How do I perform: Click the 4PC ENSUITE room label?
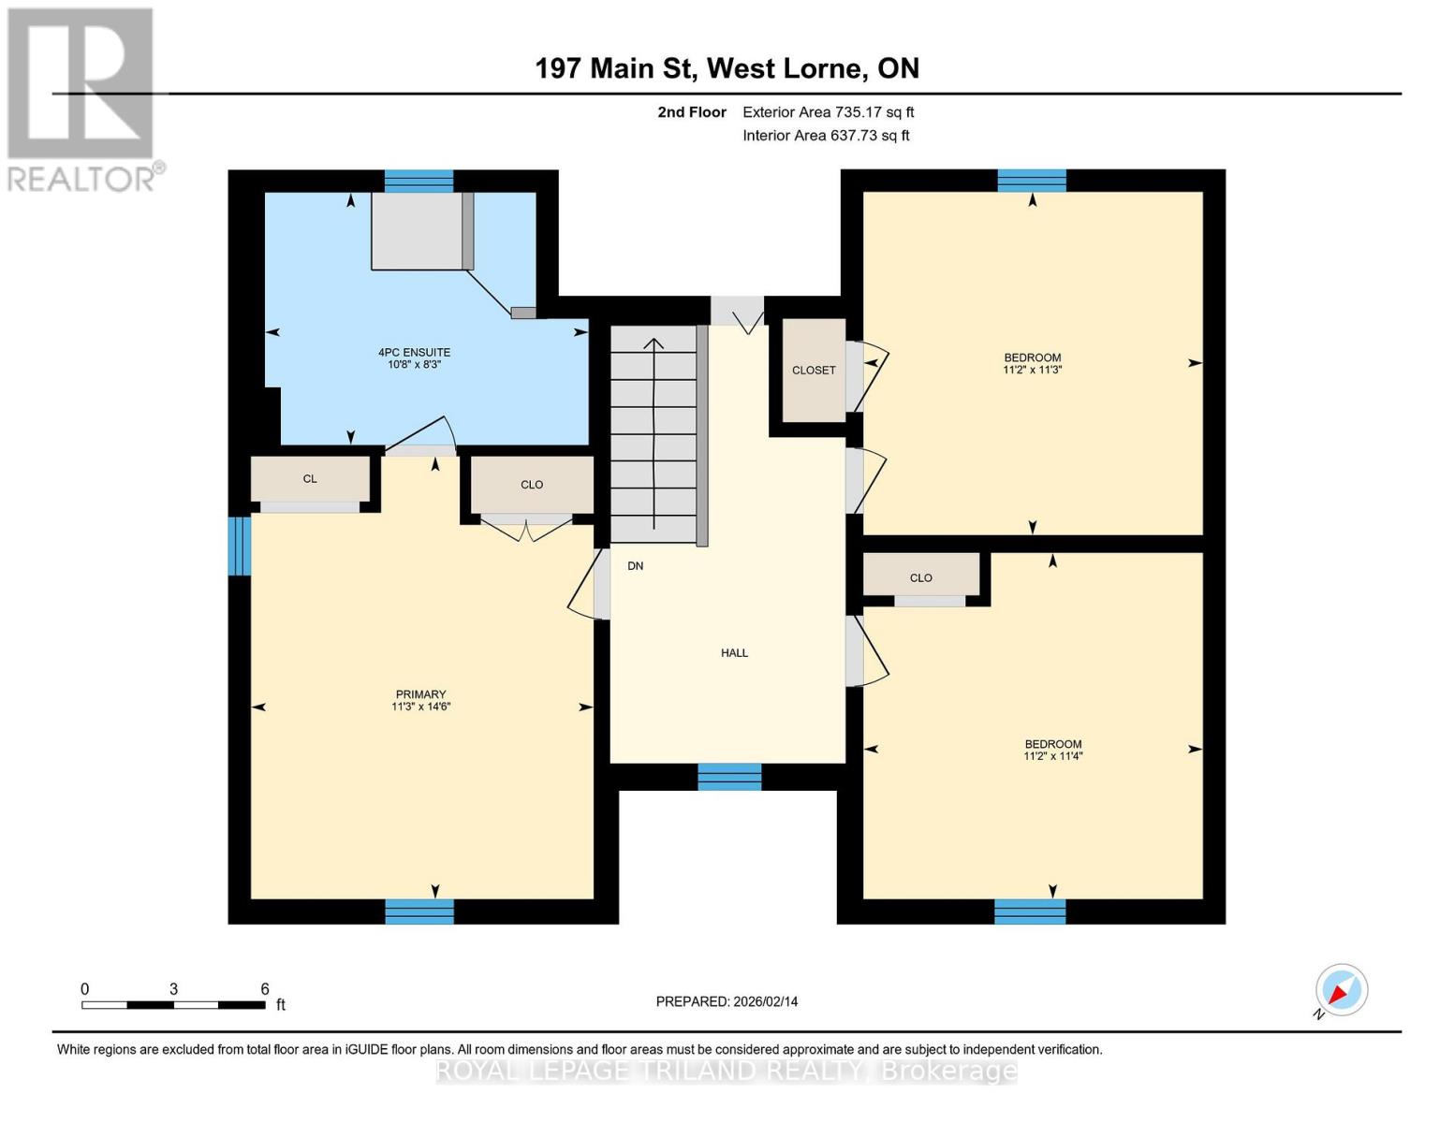(x=414, y=352)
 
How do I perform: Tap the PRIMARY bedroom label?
(x=420, y=694)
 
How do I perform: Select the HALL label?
(x=734, y=652)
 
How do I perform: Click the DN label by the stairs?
(x=636, y=566)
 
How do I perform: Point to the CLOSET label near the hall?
(x=814, y=370)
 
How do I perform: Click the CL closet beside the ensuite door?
(x=310, y=478)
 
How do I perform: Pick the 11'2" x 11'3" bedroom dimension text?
(x=1032, y=370)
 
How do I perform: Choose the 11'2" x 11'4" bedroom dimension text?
(x=1052, y=756)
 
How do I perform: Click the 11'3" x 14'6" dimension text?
(x=420, y=707)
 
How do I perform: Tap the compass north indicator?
(x=1341, y=990)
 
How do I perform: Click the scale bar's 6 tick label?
(x=265, y=989)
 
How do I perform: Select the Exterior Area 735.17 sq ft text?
(x=828, y=112)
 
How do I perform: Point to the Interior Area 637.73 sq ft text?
(x=826, y=136)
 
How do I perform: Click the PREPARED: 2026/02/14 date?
(x=727, y=1001)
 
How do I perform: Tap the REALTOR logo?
(x=82, y=98)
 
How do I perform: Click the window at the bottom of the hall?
(x=729, y=777)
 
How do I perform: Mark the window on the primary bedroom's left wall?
(x=240, y=546)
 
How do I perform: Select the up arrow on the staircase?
(x=654, y=346)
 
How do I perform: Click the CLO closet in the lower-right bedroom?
(x=921, y=577)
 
